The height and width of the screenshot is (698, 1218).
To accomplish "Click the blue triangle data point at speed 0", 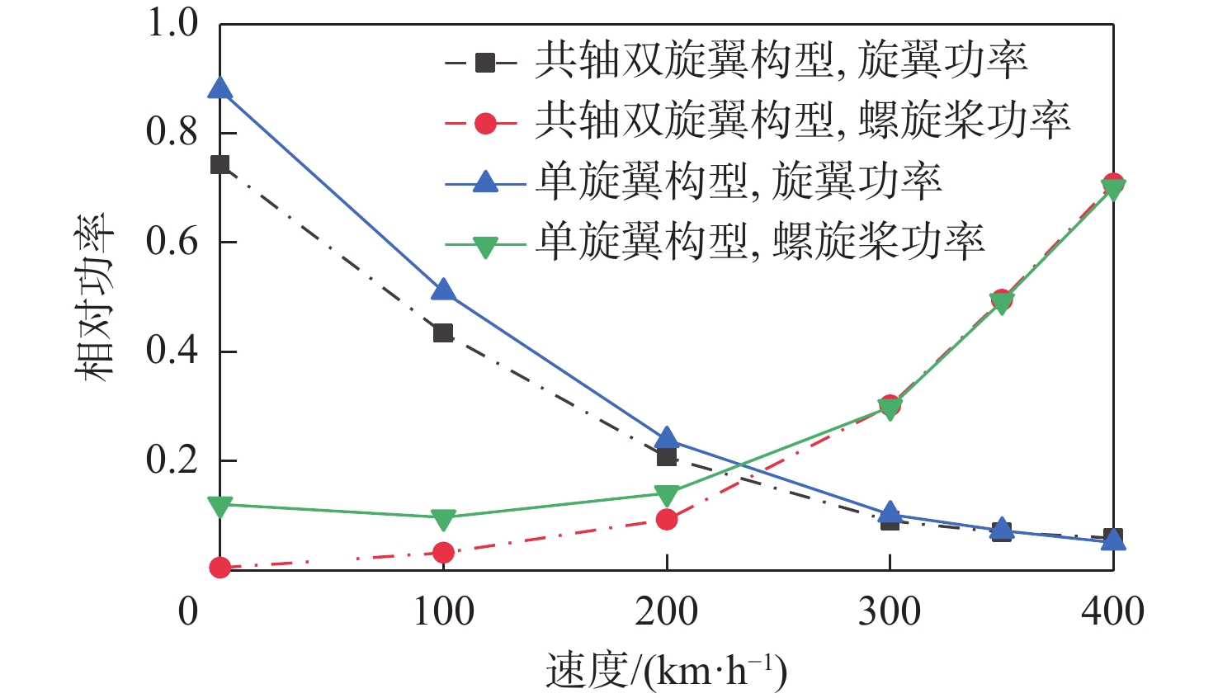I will (220, 88).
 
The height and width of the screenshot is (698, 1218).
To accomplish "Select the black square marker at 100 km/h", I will (443, 333).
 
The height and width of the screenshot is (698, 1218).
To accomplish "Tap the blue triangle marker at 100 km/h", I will (443, 290).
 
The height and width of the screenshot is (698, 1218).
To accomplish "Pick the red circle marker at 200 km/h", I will (667, 519).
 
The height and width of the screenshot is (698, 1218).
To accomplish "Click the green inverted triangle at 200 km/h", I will (667, 495).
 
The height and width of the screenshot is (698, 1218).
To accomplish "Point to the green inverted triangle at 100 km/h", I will (443, 519).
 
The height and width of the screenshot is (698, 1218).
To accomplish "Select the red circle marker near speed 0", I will (220, 567).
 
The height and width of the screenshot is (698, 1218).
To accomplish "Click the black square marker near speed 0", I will (220, 164).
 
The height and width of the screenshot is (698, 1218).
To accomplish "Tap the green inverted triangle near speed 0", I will (220, 506).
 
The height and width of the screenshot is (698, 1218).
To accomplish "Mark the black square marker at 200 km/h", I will (667, 456).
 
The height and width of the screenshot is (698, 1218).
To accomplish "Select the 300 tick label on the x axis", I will (890, 612).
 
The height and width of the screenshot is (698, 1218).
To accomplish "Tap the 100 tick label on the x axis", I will (443, 612).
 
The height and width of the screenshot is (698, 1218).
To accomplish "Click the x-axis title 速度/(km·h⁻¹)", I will (667, 671).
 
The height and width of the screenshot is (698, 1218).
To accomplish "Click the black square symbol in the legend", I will (485, 63).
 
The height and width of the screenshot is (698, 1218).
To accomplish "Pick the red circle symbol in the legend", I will (485, 123).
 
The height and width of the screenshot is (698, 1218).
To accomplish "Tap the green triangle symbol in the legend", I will (485, 246).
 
